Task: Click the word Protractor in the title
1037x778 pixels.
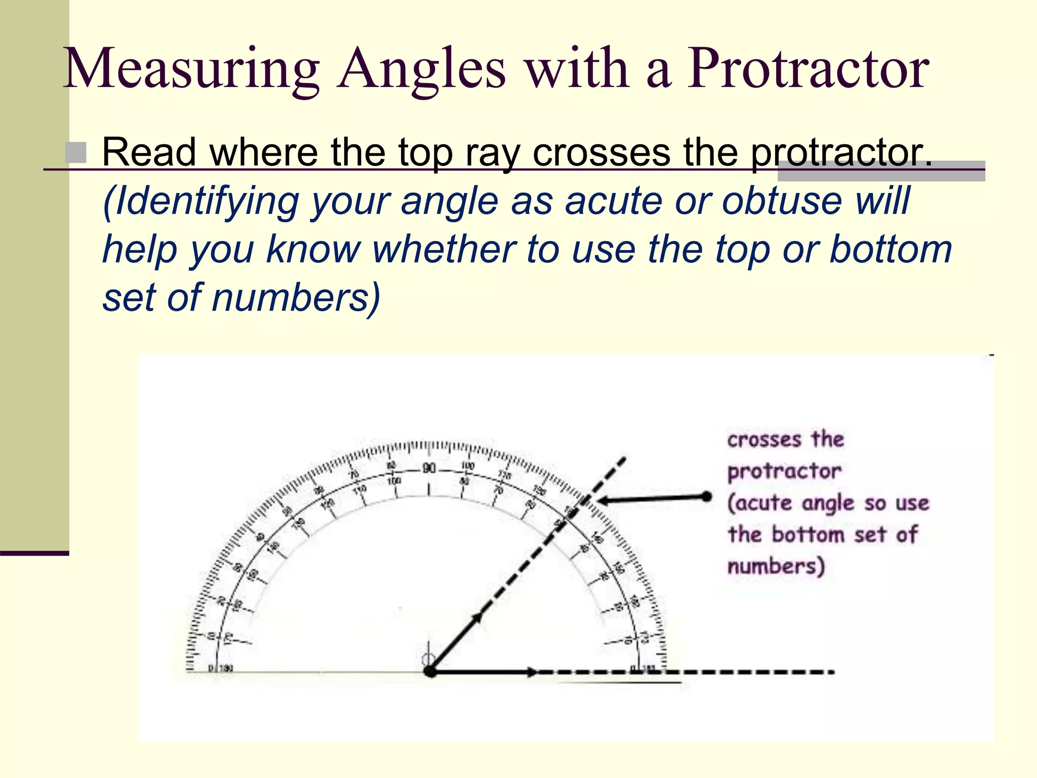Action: tap(807, 68)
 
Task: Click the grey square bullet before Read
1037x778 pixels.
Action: tap(76, 152)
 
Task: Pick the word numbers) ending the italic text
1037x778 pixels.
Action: tap(296, 297)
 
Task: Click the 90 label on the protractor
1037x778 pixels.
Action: tap(429, 468)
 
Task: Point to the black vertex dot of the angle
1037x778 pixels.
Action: tap(430, 672)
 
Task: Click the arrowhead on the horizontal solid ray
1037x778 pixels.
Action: tap(532, 672)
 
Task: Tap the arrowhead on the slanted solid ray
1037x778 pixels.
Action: tap(477, 617)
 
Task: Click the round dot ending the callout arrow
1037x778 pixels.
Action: tap(706, 496)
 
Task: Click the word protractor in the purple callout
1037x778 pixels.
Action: tap(784, 472)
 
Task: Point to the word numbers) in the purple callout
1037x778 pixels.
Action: tap(776, 566)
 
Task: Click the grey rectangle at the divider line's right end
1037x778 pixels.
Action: tap(881, 171)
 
